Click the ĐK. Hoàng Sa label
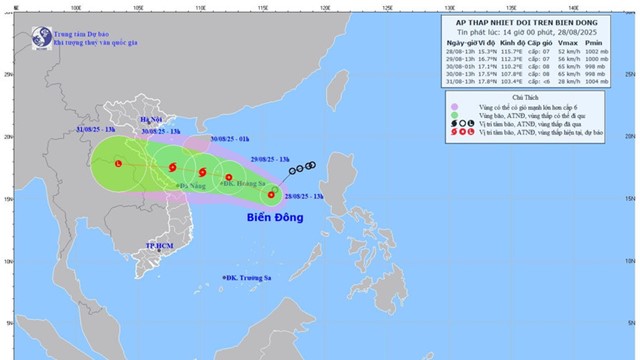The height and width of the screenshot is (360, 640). coord(232,185)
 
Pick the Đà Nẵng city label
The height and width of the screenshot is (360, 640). coord(188,185)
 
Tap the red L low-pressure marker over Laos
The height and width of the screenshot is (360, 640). coord(118,163)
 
